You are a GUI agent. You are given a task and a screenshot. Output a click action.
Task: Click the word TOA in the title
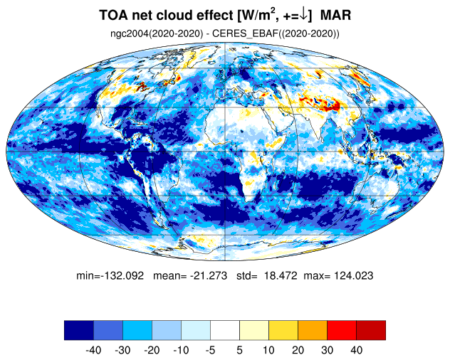pyautogui.click(x=113, y=15)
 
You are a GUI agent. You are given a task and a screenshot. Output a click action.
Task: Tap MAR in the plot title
pyautogui.click(x=335, y=15)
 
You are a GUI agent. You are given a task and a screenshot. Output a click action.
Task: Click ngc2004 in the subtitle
pyautogui.click(x=130, y=34)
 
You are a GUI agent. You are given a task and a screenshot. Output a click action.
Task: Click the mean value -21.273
pyautogui.click(x=209, y=275)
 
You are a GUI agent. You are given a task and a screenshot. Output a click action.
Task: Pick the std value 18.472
pyautogui.click(x=281, y=275)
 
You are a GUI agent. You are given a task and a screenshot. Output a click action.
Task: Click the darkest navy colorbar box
pyautogui.click(x=79, y=330)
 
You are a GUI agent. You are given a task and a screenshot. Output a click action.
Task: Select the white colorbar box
pyautogui.click(x=225, y=330)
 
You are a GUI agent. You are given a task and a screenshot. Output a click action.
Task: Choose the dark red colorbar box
pyautogui.click(x=371, y=330)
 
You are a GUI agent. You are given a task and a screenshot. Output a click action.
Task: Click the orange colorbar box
pyautogui.click(x=313, y=330)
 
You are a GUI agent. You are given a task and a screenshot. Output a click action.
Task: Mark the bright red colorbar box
pyautogui.click(x=342, y=330)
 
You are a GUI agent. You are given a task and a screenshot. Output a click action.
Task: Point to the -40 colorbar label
pyautogui.click(x=93, y=350)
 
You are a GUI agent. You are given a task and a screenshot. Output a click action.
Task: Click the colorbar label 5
pyautogui.click(x=239, y=350)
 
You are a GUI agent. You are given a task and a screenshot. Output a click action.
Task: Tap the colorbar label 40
pyautogui.click(x=357, y=350)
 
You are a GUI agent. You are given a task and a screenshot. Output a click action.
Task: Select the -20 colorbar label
pyautogui.click(x=152, y=350)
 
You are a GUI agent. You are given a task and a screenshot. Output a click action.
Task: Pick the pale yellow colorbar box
pyautogui.click(x=254, y=330)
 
